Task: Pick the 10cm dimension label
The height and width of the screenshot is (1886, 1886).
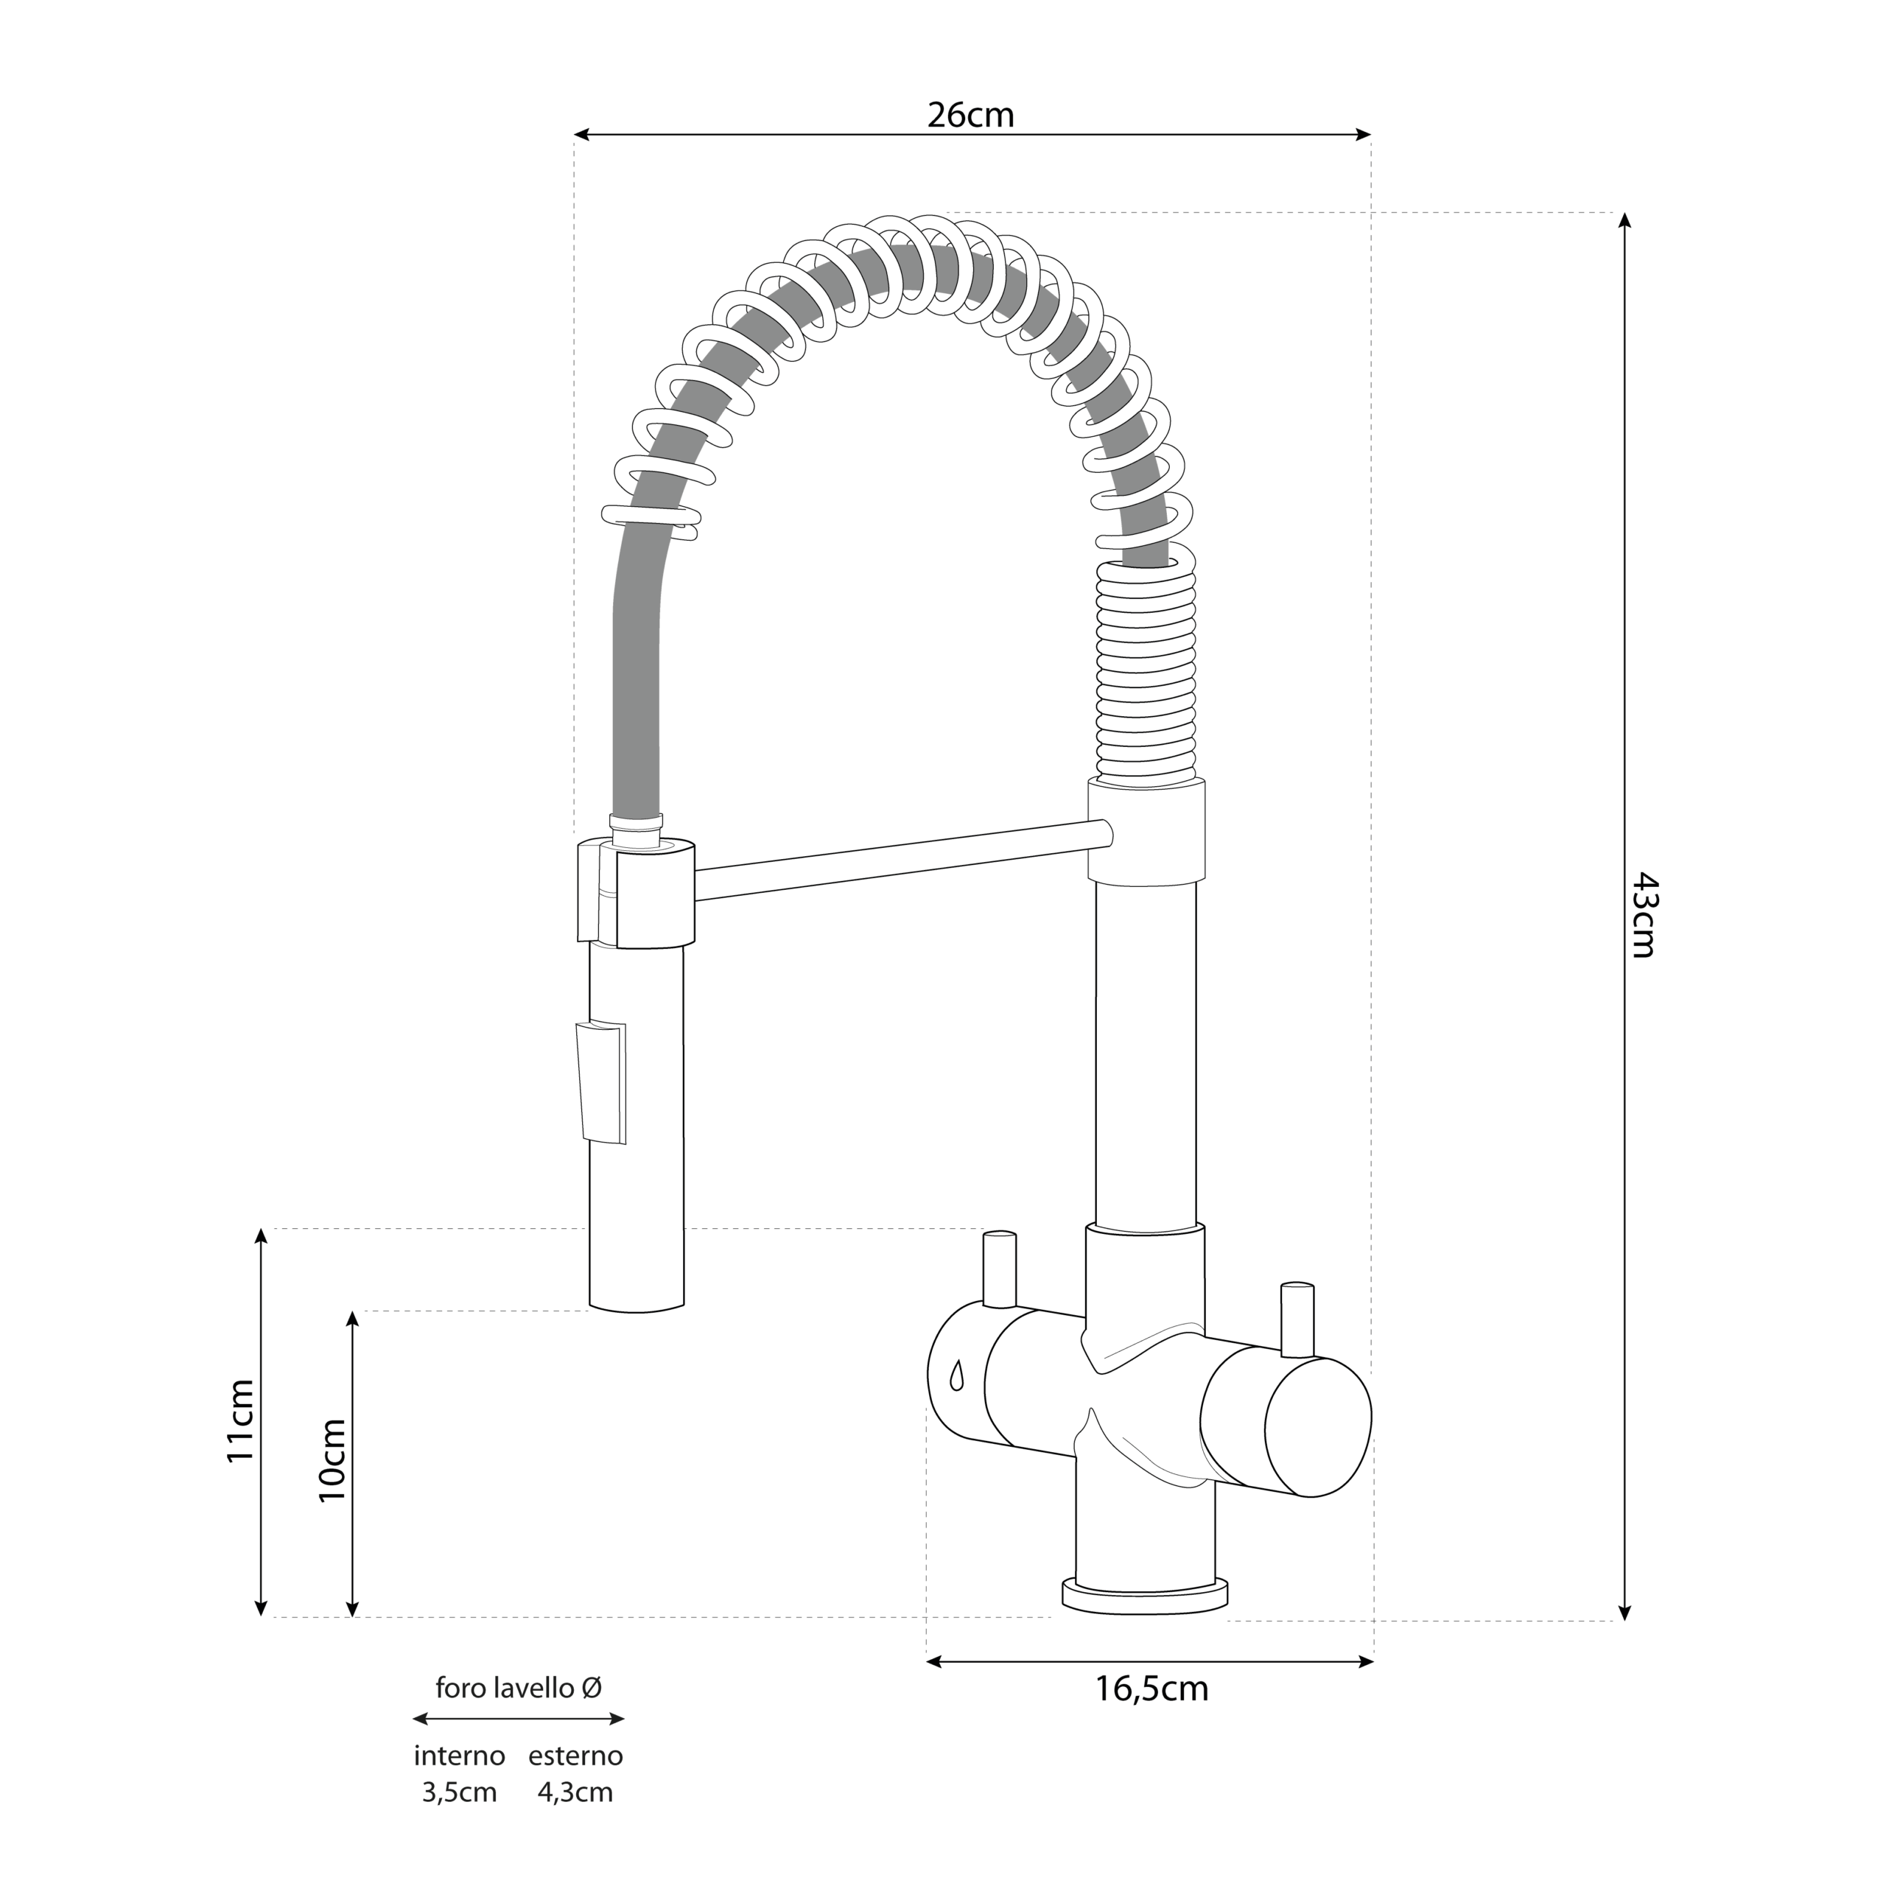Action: [332, 1460]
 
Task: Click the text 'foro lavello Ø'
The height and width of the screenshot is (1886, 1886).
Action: [519, 1687]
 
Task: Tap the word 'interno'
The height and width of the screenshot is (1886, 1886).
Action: [460, 1755]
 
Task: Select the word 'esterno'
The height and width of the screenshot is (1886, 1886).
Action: [576, 1755]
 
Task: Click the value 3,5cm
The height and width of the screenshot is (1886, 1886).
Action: [460, 1792]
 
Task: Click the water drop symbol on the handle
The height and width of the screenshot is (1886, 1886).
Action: [957, 1375]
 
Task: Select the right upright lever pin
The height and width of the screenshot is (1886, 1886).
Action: [1297, 1319]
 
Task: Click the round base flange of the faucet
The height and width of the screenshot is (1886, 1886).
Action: [1145, 1592]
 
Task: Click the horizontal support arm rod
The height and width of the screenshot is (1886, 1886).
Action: [903, 860]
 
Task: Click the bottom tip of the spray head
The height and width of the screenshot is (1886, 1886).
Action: [637, 1310]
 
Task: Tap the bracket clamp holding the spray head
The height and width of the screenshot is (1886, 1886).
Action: [637, 892]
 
